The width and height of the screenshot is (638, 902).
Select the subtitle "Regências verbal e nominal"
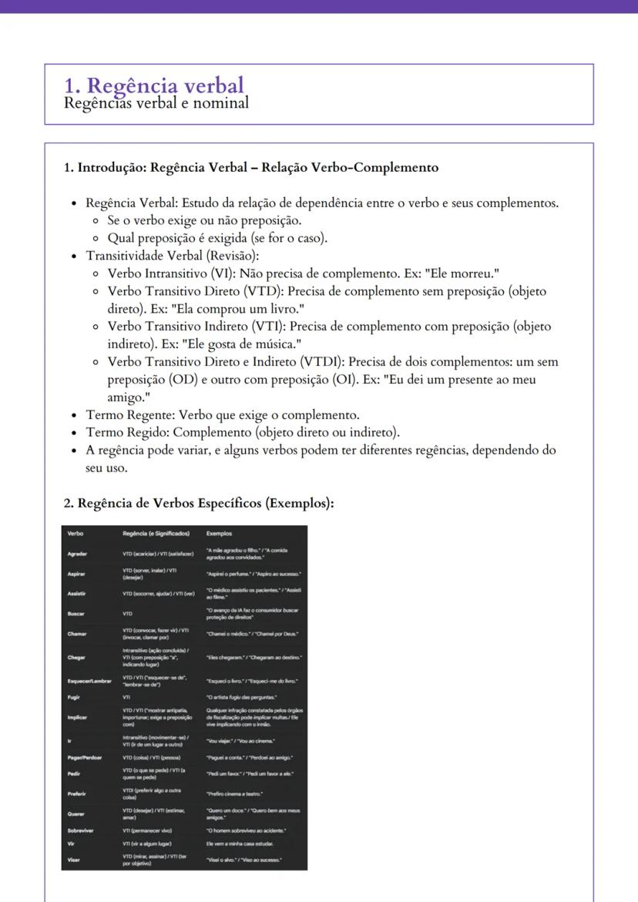coord(156,102)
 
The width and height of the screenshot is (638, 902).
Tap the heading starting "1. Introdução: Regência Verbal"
coord(250,167)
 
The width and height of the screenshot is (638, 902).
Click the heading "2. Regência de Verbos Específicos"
coord(199,503)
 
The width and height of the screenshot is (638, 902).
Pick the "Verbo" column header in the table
coord(76,533)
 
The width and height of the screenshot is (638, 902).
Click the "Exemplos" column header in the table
coord(219,533)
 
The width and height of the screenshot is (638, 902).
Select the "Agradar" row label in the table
coord(77,554)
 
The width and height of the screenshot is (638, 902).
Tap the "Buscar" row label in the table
coord(76,614)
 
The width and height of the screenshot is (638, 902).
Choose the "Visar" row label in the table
coord(74,859)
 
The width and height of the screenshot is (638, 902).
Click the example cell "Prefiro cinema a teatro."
coord(237,793)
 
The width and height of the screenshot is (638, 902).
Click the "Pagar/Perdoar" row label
coord(85,757)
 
